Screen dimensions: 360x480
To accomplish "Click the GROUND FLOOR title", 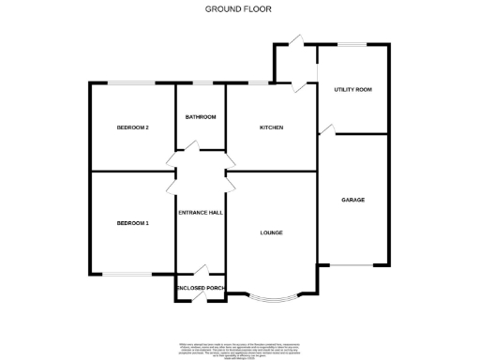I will click(x=239, y=8).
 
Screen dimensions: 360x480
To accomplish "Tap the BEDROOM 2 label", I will click(x=133, y=127).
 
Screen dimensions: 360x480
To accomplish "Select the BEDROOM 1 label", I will click(x=133, y=223).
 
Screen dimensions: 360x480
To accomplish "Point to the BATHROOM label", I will click(x=201, y=117).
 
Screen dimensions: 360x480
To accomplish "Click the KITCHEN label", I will click(x=272, y=127).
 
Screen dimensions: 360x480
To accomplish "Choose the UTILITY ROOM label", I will click(x=353, y=90).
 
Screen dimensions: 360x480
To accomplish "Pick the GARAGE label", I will click(x=353, y=200).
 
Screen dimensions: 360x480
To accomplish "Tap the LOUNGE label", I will click(x=272, y=232).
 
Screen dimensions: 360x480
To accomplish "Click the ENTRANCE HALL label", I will click(x=201, y=213).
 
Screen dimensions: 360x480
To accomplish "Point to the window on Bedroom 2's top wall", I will click(x=132, y=82).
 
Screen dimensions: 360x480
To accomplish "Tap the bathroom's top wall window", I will click(x=201, y=82).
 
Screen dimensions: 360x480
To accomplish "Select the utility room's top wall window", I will click(x=352, y=43).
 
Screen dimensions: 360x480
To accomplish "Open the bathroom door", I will click(x=190, y=146).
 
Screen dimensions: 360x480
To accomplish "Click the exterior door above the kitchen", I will click(x=294, y=41).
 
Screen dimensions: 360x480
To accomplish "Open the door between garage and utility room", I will click(x=325, y=127).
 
